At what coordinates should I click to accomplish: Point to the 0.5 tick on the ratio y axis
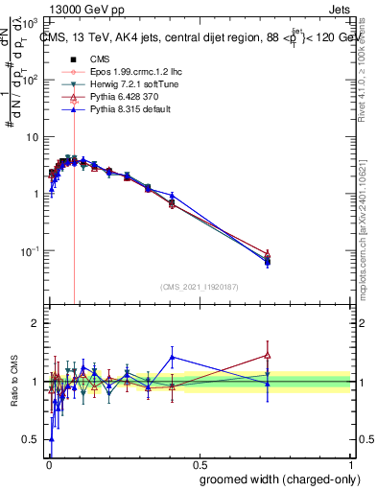[x=34, y=439]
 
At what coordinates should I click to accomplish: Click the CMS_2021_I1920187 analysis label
[x=199, y=287]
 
